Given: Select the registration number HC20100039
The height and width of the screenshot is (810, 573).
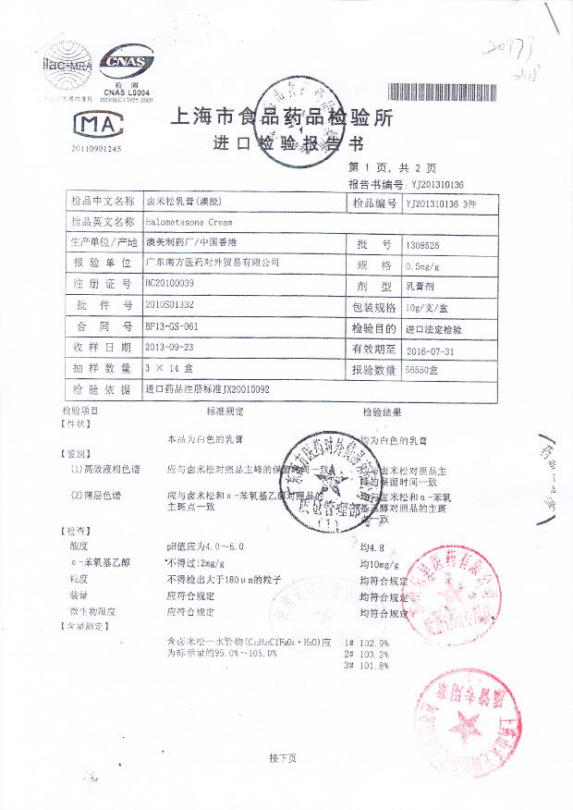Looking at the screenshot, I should pos(171,283).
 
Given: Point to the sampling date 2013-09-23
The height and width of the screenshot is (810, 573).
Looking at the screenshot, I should pos(169,347).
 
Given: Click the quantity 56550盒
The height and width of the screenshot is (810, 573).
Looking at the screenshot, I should pos(423,371).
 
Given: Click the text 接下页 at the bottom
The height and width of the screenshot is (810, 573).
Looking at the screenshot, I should pos(283,758).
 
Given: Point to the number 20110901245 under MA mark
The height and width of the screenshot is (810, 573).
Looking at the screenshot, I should pos(95,148).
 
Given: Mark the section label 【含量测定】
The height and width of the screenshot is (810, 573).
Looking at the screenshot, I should pos(84,626).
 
